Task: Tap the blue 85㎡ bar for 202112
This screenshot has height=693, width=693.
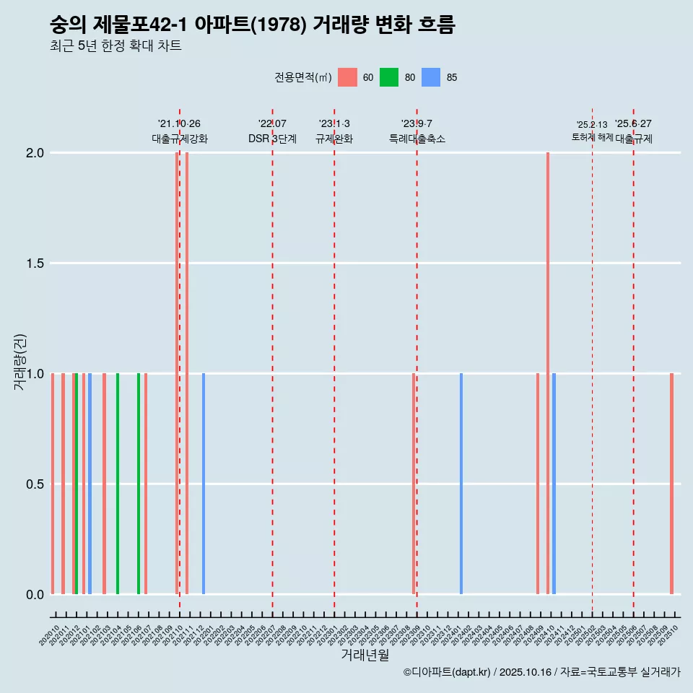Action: [x=204, y=484]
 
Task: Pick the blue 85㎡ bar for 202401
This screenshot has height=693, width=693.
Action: [x=461, y=484]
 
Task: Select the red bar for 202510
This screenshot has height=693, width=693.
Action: [x=671, y=484]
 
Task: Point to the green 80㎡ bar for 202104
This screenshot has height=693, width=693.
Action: [x=118, y=484]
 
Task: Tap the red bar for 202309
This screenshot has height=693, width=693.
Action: [x=414, y=484]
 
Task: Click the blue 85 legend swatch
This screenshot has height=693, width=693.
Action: [x=431, y=77]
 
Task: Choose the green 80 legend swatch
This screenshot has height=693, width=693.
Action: [x=389, y=77]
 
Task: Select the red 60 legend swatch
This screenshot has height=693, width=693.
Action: [x=347, y=77]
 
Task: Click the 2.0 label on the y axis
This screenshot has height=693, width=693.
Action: [x=34, y=153]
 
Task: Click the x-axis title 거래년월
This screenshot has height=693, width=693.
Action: [x=365, y=655]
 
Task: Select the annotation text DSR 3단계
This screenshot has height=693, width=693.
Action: [x=272, y=139]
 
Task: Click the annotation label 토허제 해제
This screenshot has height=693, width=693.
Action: [x=592, y=136]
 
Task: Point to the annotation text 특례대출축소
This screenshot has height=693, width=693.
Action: [x=417, y=139]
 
